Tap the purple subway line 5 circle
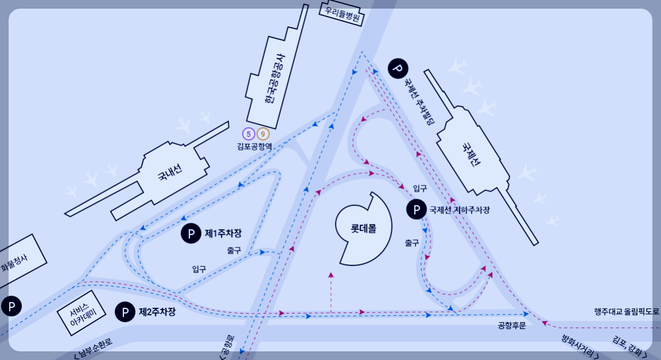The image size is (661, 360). point(248,134)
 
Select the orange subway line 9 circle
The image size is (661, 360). point(262,134)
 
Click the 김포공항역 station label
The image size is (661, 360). point(254,146)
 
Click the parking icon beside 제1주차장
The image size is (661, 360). point(191,234)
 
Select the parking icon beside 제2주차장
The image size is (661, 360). point(125,312)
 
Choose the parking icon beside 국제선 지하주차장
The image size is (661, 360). point(416,210)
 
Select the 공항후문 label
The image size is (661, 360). point(512,326)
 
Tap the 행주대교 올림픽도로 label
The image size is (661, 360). point(627,312)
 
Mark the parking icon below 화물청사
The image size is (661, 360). point(11,306)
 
